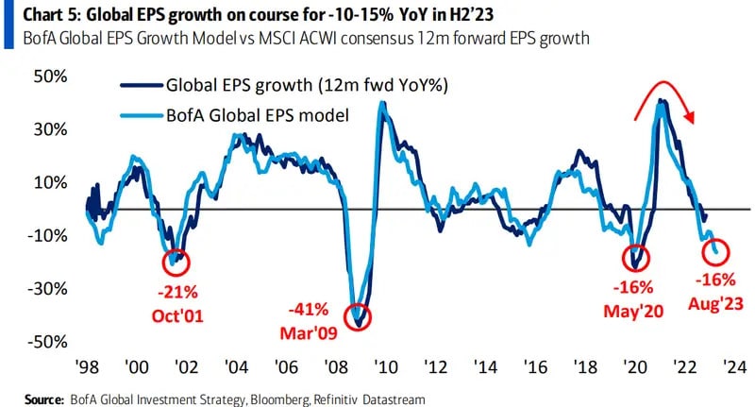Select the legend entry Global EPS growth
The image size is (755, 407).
283,84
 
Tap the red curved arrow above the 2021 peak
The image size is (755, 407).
666,94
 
